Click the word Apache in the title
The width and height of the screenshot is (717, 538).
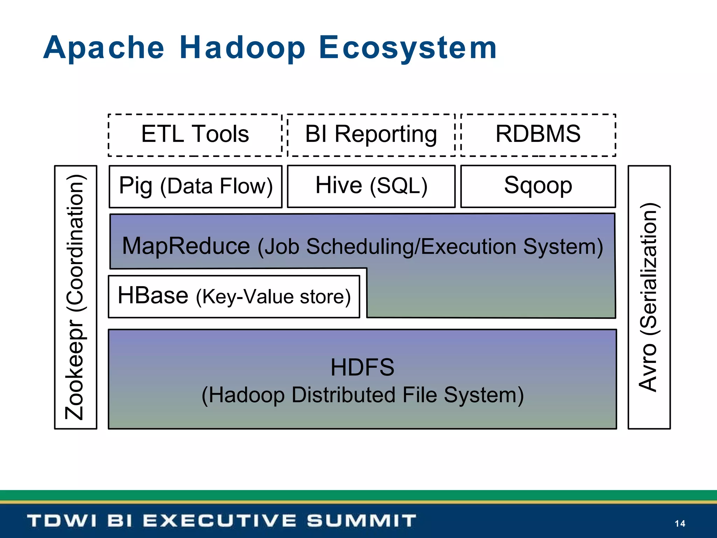[104, 48]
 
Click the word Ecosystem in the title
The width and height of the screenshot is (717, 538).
[408, 48]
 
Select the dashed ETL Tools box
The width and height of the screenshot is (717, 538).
[195, 134]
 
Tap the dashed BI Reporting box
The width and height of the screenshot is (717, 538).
[371, 134]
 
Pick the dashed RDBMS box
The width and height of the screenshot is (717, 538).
[538, 134]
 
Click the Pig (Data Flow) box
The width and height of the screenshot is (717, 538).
[195, 186]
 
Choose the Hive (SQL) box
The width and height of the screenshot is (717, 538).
[371, 186]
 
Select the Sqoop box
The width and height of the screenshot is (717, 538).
[538, 186]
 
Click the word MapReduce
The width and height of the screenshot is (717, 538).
[186, 246]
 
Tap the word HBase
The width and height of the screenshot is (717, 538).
[153, 296]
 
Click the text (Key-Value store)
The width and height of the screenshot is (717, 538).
[273, 297]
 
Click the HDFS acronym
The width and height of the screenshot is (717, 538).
[362, 367]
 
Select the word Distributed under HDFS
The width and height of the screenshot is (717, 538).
[343, 395]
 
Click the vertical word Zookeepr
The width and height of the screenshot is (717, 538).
[75, 370]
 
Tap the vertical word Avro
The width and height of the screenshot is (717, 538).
[649, 367]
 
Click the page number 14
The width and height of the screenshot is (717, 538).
[680, 523]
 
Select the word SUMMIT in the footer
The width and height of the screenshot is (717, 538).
[361, 521]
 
